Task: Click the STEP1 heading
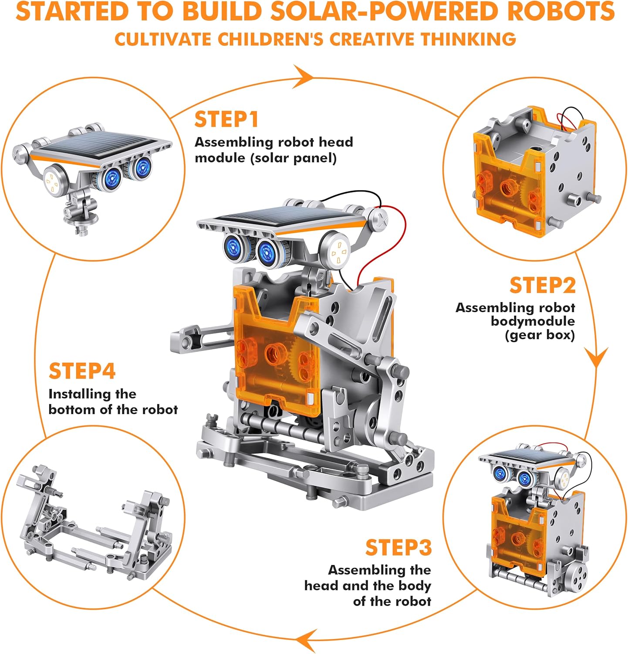pos(226,119)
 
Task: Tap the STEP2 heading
pos(543,286)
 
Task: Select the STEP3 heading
pos(398,548)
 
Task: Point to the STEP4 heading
pos(82,371)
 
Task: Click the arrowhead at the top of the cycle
pos(303,77)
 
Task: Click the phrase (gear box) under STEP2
pos(540,335)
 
